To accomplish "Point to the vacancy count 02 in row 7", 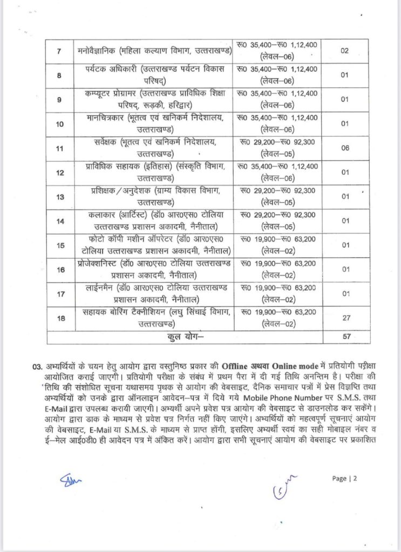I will [345, 52].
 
